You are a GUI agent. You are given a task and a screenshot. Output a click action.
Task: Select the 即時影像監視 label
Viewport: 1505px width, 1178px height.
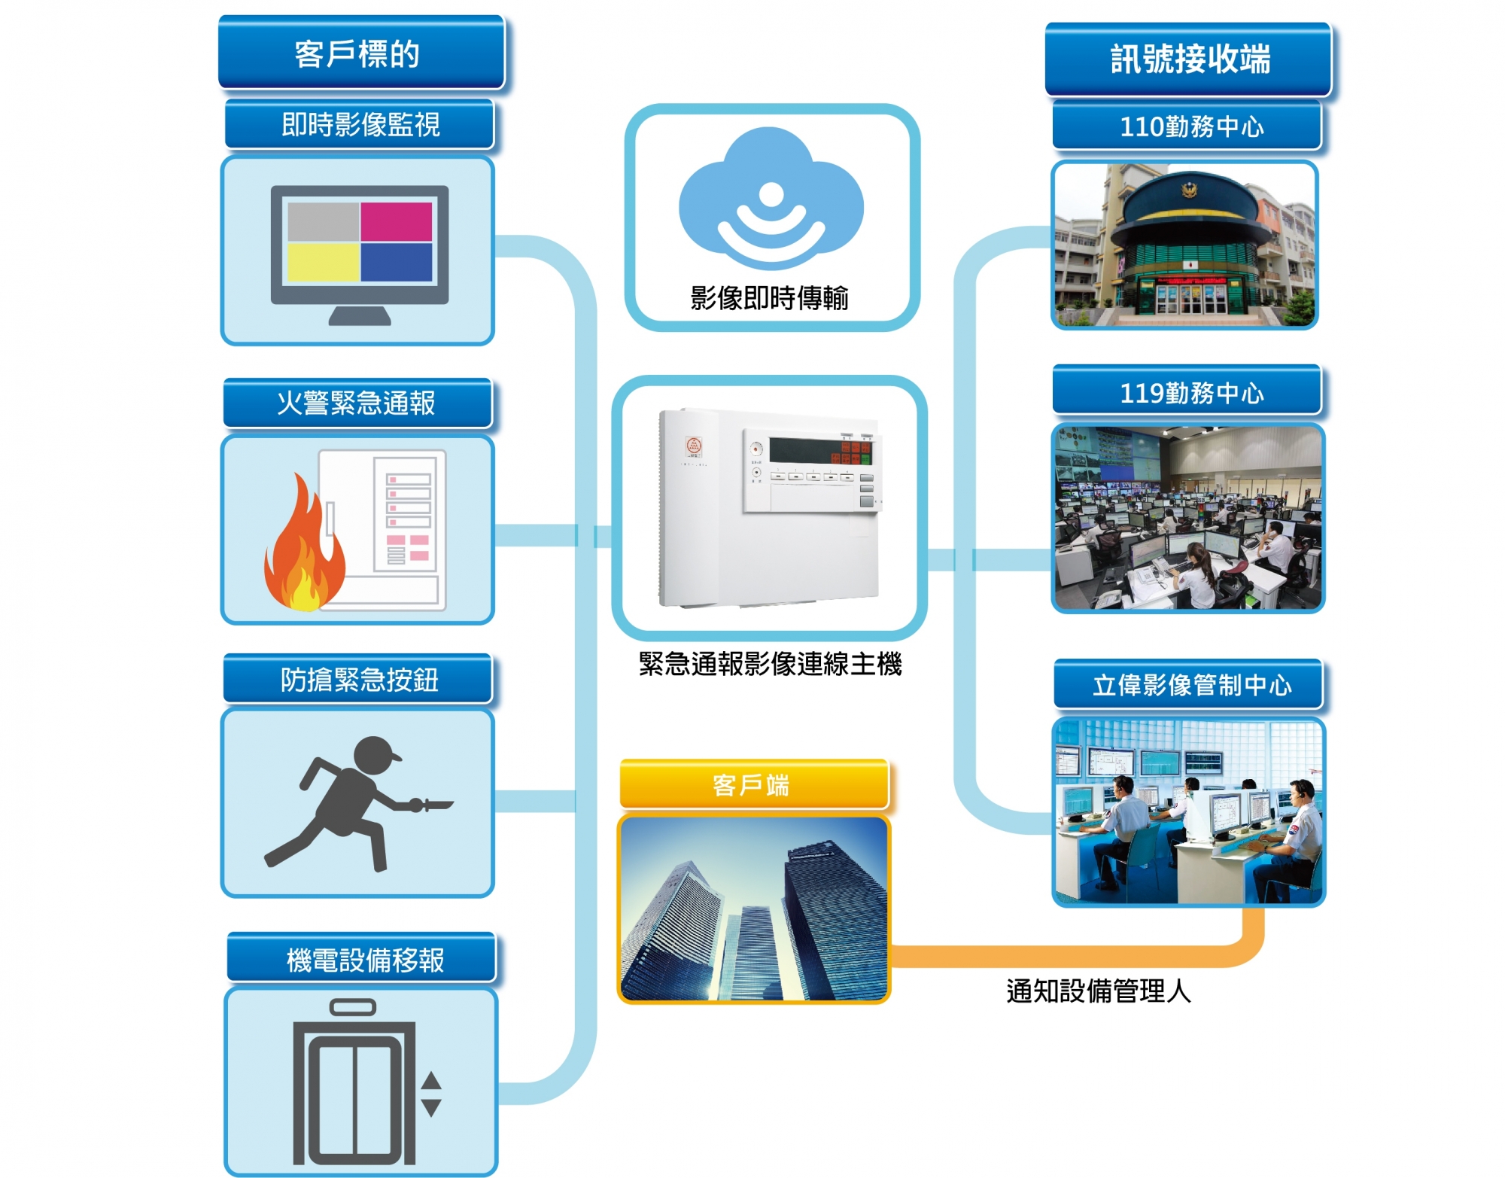pyautogui.click(x=360, y=125)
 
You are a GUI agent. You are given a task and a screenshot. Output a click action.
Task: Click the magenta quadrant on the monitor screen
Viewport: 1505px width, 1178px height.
pyautogui.click(x=396, y=222)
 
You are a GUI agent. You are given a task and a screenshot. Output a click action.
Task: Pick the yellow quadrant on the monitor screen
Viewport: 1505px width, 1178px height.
pyautogui.click(x=323, y=262)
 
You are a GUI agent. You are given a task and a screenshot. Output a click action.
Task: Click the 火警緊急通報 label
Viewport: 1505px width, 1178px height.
pyautogui.click(x=357, y=403)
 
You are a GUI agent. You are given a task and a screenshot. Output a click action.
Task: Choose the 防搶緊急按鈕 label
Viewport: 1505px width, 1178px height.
pyautogui.click(x=359, y=680)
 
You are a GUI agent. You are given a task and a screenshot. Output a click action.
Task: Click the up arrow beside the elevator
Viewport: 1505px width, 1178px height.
pyautogui.click(x=431, y=1081)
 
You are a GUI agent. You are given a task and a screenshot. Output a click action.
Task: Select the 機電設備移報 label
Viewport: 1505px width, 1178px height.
pyautogui.click(x=364, y=960)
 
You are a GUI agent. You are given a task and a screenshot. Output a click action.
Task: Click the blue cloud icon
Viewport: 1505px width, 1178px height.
pyautogui.click(x=771, y=199)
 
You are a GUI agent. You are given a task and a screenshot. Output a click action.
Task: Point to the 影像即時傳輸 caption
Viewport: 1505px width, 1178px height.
pyautogui.click(x=769, y=298)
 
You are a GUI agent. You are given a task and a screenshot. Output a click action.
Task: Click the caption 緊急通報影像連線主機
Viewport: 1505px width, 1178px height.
pyautogui.click(x=770, y=664)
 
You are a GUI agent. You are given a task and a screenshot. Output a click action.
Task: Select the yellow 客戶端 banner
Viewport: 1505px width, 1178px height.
pyautogui.click(x=753, y=785)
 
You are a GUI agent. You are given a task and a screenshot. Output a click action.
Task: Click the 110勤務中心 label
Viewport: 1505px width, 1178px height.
pyautogui.click(x=1190, y=126)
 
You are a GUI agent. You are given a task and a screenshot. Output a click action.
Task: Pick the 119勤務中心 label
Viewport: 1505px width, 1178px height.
pyautogui.click(x=1190, y=392)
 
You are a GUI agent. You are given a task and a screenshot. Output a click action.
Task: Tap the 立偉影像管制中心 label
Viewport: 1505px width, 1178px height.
pyautogui.click(x=1190, y=685)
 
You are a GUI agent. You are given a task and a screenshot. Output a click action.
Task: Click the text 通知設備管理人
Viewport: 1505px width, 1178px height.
pyautogui.click(x=1098, y=991)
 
